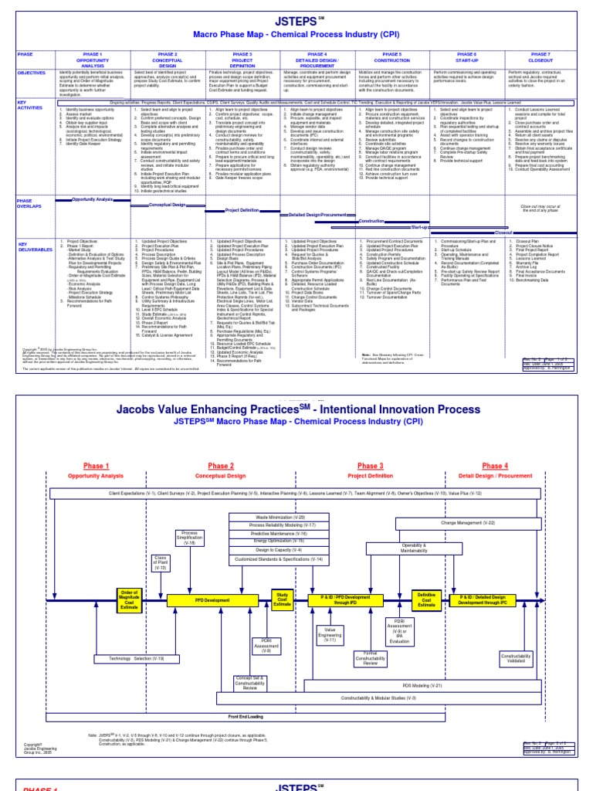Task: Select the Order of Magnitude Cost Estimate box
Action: [x=129, y=599]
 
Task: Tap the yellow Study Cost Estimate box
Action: [x=282, y=599]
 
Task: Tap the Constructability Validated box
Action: [x=517, y=659]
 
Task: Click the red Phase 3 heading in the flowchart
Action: [x=370, y=466]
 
